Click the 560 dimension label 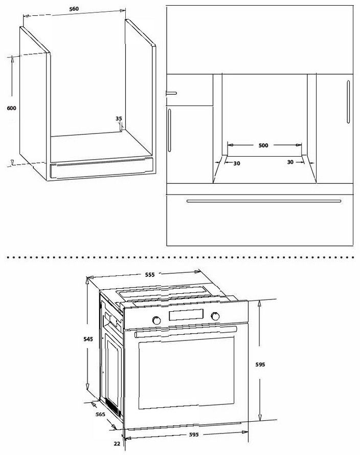pyautogui.click(x=74, y=9)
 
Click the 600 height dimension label pyautogui.click(x=12, y=108)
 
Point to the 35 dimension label pyautogui.click(x=119, y=118)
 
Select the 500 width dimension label pyautogui.click(x=263, y=145)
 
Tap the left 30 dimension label pyautogui.click(x=237, y=163)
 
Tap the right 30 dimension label pyautogui.click(x=290, y=162)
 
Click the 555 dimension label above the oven pyautogui.click(x=150, y=274)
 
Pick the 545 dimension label pyautogui.click(x=88, y=339)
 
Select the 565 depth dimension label pyautogui.click(x=100, y=414)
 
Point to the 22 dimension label pyautogui.click(x=117, y=443)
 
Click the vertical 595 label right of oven pyautogui.click(x=260, y=364)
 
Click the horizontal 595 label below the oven pyautogui.click(x=194, y=435)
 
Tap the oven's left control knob pyautogui.click(x=156, y=320)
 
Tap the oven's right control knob pyautogui.click(x=215, y=316)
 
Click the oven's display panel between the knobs pyautogui.click(x=186, y=315)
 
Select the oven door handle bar pyautogui.click(x=186, y=331)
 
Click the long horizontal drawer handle pyautogui.click(x=264, y=201)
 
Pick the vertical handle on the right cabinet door pyautogui.click(x=348, y=101)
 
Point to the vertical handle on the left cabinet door pyautogui.click(x=170, y=131)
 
